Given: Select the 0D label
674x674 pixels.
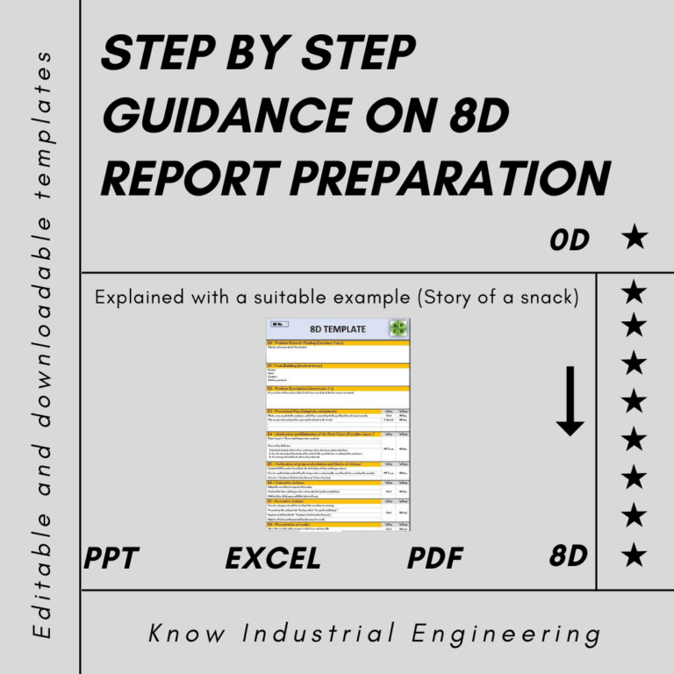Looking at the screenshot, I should (x=570, y=240).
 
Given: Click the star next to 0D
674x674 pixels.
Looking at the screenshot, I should (x=634, y=238).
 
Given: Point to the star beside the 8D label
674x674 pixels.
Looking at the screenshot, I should (x=634, y=556).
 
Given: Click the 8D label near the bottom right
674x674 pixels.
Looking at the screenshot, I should (x=569, y=556).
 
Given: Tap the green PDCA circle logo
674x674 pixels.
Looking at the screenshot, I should (x=398, y=328).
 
